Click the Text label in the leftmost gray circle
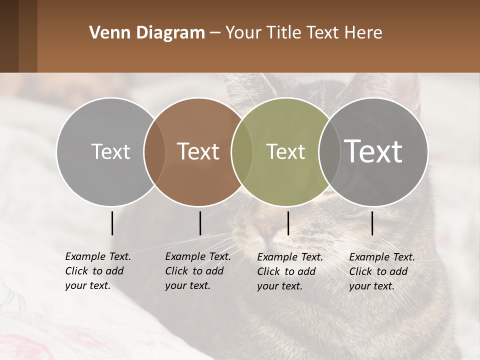(x=110, y=151)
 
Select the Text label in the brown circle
(x=198, y=151)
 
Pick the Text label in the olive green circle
(x=285, y=151)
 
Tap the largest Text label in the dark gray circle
(x=373, y=151)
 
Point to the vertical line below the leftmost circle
(x=112, y=223)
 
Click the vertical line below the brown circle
(x=200, y=223)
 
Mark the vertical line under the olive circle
(x=288, y=223)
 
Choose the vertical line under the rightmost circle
(x=372, y=223)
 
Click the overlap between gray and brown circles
(x=154, y=151)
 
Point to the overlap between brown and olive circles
(x=242, y=151)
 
